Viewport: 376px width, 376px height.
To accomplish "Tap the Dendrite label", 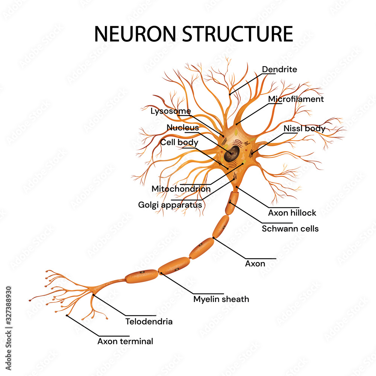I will (279, 70).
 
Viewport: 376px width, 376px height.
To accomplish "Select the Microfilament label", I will (296, 99).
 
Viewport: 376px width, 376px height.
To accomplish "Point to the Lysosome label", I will (170, 111).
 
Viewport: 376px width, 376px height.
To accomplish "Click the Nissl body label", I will (304, 128).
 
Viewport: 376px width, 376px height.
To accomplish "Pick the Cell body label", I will (179, 143).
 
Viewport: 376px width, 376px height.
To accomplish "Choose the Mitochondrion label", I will (181, 189).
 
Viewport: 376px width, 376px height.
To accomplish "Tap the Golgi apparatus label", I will (170, 205).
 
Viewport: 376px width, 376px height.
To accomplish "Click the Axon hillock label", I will (292, 213).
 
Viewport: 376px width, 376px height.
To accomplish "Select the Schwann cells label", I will (290, 228).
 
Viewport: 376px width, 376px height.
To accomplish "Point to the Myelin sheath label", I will (221, 299).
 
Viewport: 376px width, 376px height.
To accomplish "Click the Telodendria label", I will (149, 321).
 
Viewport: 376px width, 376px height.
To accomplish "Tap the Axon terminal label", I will (125, 341).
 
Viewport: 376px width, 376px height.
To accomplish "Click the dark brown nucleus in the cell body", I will (232, 153).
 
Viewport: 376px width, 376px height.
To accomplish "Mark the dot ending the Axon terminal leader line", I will (67, 315).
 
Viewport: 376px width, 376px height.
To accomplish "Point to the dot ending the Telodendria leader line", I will (93, 295).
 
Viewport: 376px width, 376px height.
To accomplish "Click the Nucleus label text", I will (183, 127).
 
